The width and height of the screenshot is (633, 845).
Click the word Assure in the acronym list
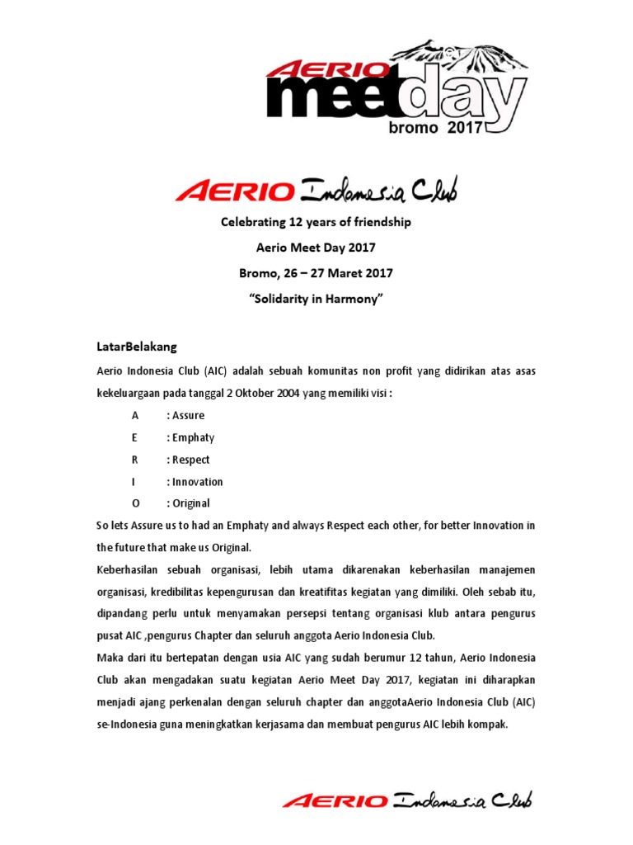click(x=188, y=415)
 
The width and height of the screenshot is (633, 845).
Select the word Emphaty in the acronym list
click(x=193, y=437)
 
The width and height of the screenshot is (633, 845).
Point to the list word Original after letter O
click(x=190, y=503)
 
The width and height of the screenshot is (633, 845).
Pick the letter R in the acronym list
click(x=135, y=460)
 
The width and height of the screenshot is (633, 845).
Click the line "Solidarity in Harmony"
click(x=316, y=298)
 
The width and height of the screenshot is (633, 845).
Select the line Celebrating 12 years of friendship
click(x=316, y=222)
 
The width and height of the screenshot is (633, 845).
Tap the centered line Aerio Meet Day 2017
click(x=316, y=248)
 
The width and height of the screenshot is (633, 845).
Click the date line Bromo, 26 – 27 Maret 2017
click(x=316, y=272)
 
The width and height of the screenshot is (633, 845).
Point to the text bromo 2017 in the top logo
click(x=434, y=128)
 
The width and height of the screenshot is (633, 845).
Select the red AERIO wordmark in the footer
click(x=334, y=800)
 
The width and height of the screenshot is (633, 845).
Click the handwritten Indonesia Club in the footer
click(x=462, y=799)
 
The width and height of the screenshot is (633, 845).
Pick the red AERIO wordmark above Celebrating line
click(x=235, y=192)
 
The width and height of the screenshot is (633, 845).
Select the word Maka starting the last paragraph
click(x=110, y=658)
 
